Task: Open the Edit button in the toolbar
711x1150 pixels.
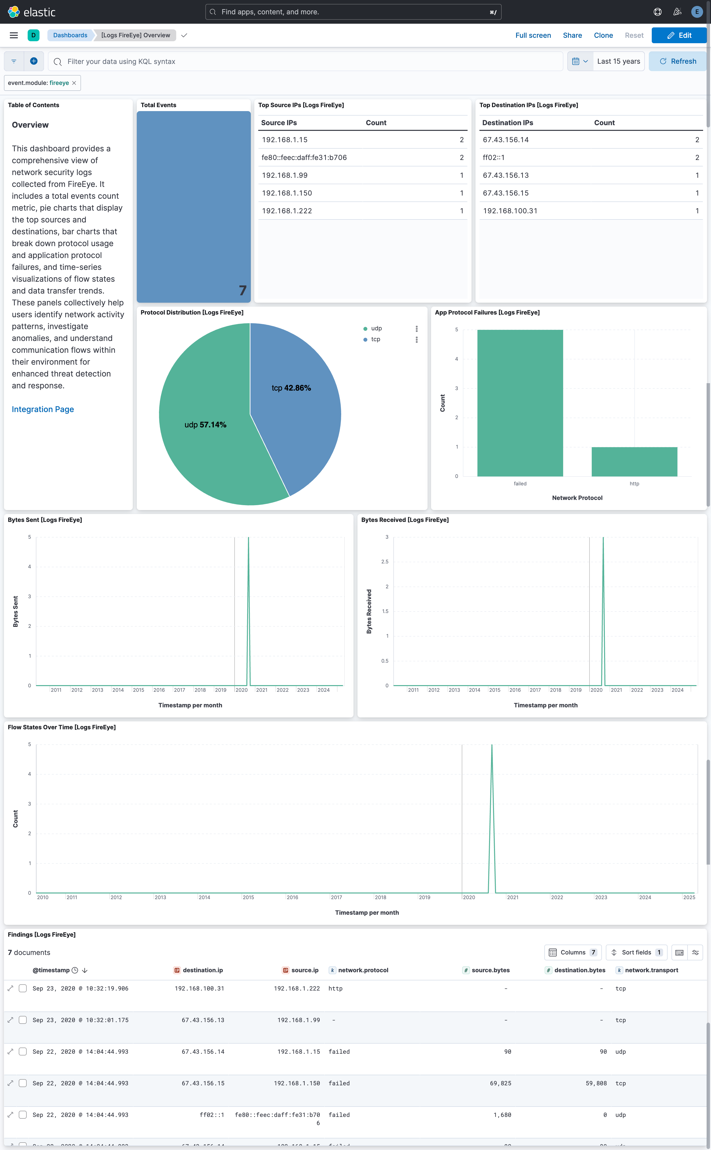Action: click(x=679, y=35)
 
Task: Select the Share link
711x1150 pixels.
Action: click(x=572, y=35)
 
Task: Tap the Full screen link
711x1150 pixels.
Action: click(x=533, y=35)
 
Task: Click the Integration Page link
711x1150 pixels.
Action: click(x=43, y=409)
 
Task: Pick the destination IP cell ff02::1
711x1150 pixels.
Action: click(x=493, y=158)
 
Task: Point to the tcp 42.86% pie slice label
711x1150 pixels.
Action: click(x=291, y=388)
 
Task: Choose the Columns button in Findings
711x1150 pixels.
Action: click(x=572, y=952)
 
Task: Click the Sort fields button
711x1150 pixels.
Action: click(x=636, y=952)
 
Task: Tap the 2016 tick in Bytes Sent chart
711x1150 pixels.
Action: click(x=159, y=690)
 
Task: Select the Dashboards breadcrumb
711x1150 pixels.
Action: click(x=70, y=35)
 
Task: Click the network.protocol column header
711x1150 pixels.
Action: click(x=363, y=970)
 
